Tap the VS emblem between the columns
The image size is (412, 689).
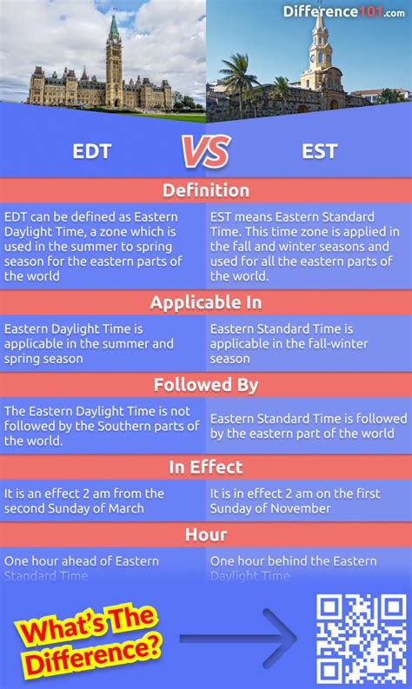tap(205, 152)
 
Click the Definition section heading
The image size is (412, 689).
tap(206, 190)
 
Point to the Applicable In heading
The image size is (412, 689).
tap(206, 302)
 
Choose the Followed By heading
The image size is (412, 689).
tap(206, 385)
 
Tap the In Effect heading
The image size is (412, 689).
tap(206, 467)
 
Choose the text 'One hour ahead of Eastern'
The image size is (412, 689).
tap(82, 561)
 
